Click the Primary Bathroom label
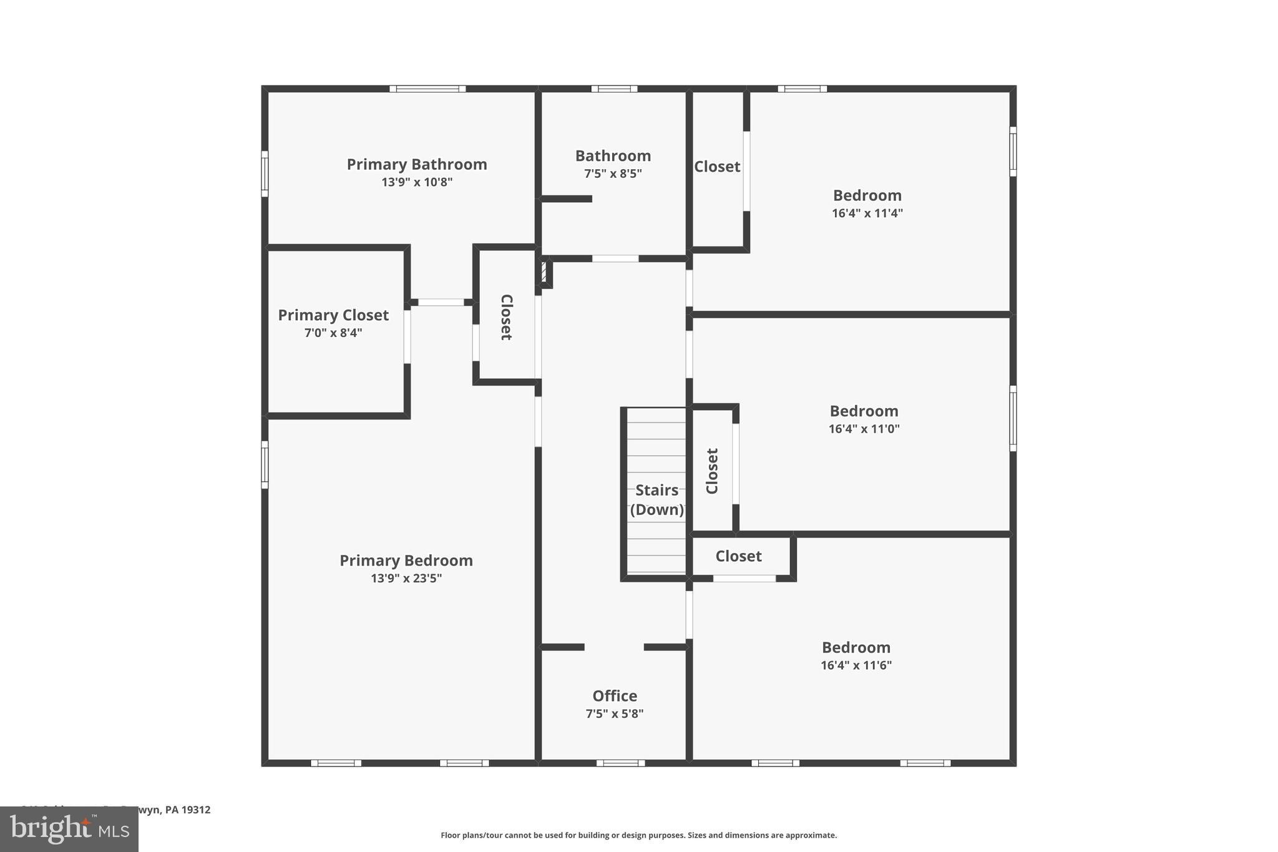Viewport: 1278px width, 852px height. point(417,165)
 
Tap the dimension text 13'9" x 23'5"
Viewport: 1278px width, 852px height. point(406,579)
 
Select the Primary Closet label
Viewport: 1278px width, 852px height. point(333,315)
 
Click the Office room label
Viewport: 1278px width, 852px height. point(615,696)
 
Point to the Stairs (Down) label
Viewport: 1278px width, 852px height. point(656,500)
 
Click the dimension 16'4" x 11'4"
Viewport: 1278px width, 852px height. point(867,213)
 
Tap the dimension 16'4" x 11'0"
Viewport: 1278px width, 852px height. point(864,429)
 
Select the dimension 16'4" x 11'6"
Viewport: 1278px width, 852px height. point(856,665)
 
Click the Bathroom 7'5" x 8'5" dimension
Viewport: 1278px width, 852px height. point(613,174)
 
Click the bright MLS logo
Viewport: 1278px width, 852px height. point(69,829)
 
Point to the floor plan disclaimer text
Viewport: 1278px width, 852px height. point(638,835)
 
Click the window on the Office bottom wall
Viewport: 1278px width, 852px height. point(620,763)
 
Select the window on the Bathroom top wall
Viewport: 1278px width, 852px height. point(614,89)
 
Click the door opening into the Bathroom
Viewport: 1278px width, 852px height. point(615,258)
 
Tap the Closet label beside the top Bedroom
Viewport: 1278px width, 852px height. point(717,167)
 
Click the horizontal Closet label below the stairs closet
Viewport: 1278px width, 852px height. point(738,556)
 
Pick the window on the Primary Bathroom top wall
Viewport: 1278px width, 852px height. point(427,89)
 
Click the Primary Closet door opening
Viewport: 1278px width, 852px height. point(407,336)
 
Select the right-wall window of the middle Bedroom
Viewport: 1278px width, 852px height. point(1013,418)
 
